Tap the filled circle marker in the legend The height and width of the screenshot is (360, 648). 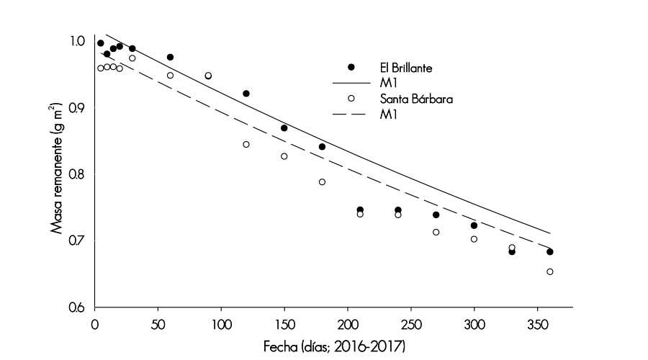point(351,67)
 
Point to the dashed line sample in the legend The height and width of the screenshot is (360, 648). point(351,115)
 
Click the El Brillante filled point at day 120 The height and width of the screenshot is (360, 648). point(246,94)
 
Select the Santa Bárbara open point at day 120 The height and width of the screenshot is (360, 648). point(246,145)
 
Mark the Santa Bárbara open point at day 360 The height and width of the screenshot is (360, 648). point(550,271)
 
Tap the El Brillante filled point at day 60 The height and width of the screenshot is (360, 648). point(170,57)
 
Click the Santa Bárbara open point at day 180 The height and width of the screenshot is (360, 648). point(322,182)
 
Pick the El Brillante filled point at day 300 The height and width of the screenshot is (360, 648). point(474,225)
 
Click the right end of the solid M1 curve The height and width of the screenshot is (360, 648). point(550,233)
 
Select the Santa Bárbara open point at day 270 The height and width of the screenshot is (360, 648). point(436,232)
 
